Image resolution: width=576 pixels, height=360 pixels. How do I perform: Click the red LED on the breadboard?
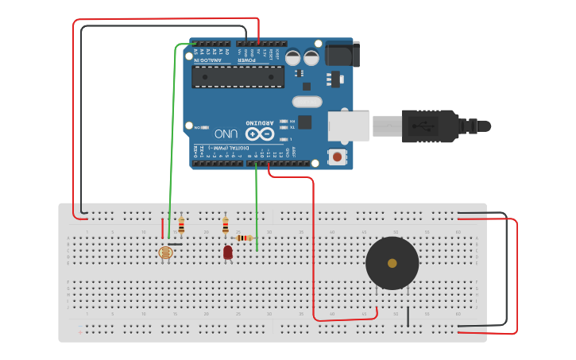point(228,253)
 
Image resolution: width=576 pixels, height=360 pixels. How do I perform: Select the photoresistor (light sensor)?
point(166,254)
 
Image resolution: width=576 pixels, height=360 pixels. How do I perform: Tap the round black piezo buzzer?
point(392,263)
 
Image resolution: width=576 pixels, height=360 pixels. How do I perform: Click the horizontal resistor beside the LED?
point(245,238)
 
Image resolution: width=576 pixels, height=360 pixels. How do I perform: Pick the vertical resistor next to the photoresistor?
point(181,226)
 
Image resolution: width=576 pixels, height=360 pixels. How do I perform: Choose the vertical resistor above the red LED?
point(226,225)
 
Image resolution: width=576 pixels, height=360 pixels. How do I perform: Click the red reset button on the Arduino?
point(338,157)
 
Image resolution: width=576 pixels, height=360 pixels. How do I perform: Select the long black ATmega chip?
point(238,76)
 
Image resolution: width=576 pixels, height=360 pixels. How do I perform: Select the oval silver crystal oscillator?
point(307,101)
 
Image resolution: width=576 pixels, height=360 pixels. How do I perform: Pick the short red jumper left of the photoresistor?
point(164,228)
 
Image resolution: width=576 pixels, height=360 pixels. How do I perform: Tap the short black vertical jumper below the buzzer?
point(408,315)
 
